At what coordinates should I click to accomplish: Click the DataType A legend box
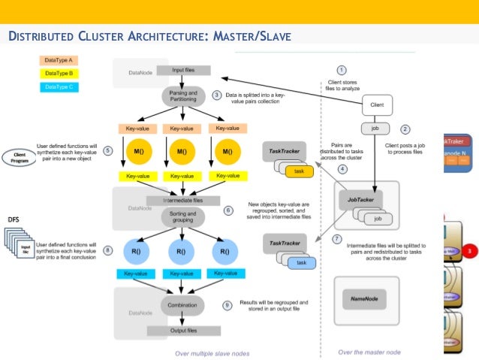pyautogui.click(x=59, y=59)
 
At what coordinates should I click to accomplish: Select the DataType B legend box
pyautogui.click(x=59, y=73)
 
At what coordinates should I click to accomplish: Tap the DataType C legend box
pyautogui.click(x=59, y=86)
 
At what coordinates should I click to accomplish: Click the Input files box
pyautogui.click(x=182, y=71)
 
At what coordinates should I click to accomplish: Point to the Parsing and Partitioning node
pyautogui.click(x=182, y=96)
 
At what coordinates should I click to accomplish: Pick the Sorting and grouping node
pyautogui.click(x=182, y=218)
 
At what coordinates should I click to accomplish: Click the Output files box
pyautogui.click(x=182, y=331)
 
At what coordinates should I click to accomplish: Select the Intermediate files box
pyautogui.click(x=182, y=201)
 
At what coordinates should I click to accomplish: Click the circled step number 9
pyautogui.click(x=227, y=305)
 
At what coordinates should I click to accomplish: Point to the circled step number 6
pyautogui.click(x=228, y=211)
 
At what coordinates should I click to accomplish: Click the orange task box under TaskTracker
pyautogui.click(x=298, y=172)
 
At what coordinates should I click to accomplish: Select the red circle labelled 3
pyautogui.click(x=470, y=250)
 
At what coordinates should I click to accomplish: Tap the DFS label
pyautogui.click(x=14, y=219)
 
